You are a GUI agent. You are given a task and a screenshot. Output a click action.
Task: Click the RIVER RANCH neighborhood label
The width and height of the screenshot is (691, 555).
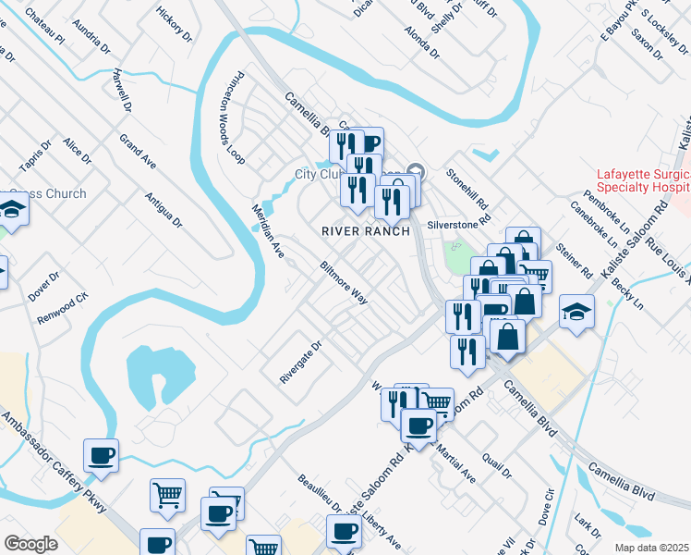point(365,230)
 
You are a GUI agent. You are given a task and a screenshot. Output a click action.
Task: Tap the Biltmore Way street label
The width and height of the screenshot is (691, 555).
point(344,282)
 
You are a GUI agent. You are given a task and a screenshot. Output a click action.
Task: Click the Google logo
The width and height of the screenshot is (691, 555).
point(30,544)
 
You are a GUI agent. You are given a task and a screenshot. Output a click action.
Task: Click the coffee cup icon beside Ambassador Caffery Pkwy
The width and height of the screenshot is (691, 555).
point(101,454)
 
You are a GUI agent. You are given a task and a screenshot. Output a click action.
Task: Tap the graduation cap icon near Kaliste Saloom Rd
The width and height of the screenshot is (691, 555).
point(576,312)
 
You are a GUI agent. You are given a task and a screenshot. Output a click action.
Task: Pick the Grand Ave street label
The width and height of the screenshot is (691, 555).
point(138,152)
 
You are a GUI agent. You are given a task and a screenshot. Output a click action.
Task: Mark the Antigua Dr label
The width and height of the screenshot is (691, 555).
point(164,209)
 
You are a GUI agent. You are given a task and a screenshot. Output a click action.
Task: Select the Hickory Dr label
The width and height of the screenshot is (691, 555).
point(175,26)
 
